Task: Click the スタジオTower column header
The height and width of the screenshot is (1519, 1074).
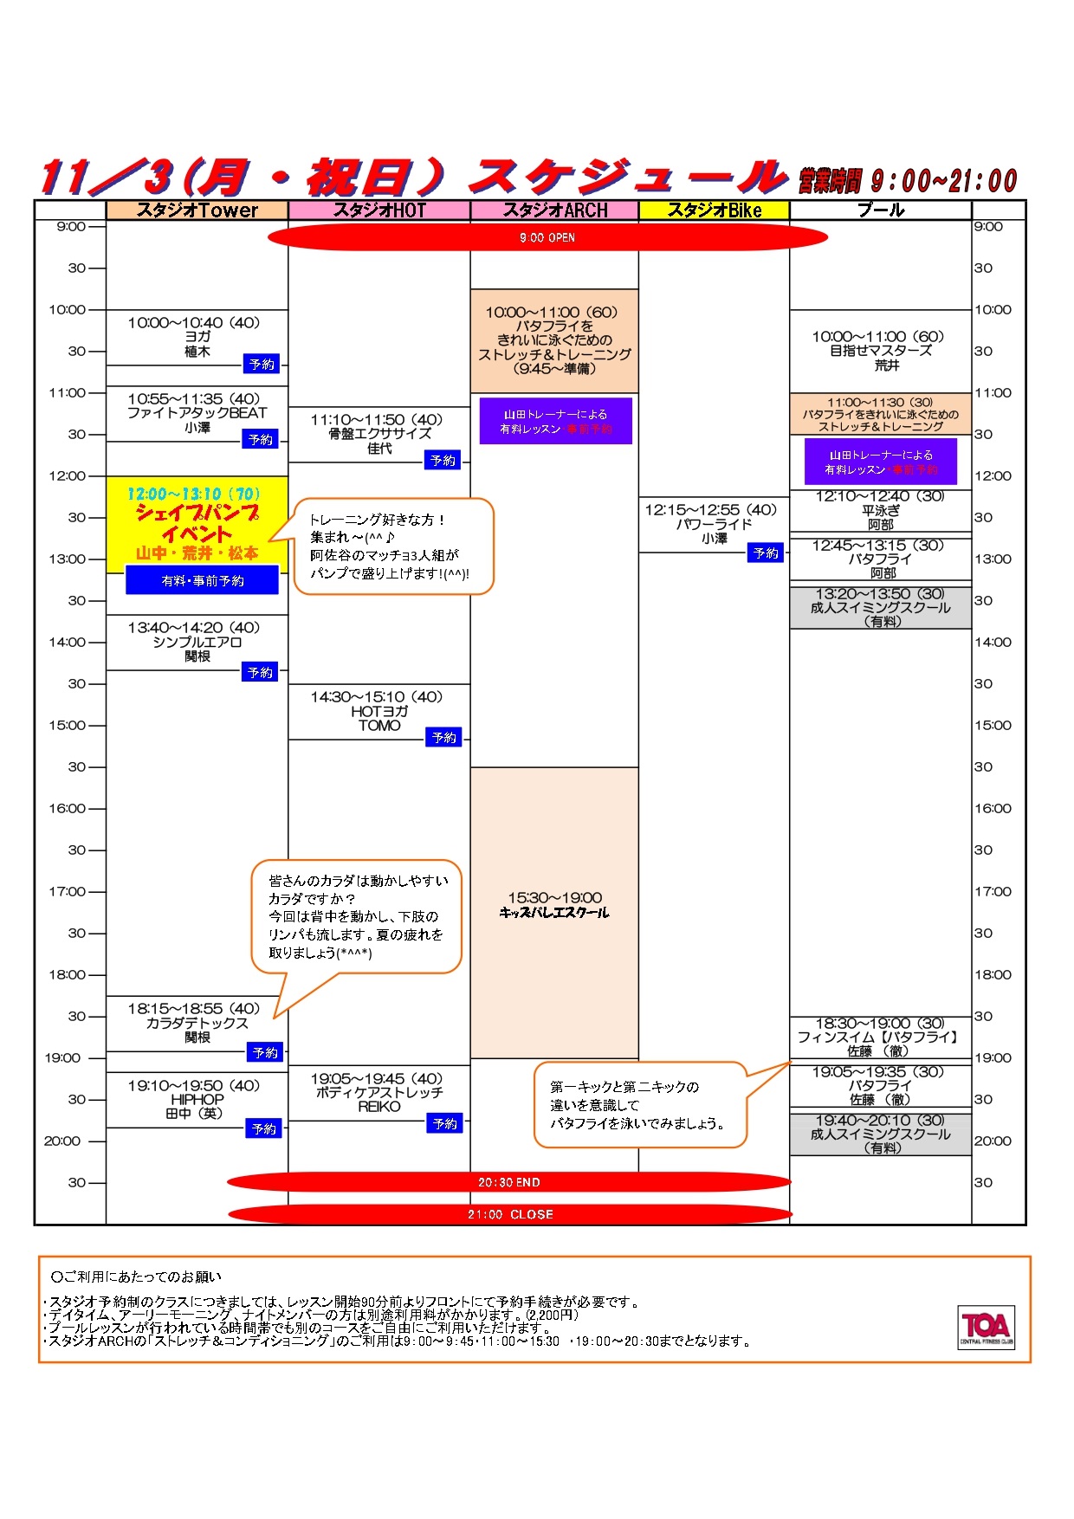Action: point(197,210)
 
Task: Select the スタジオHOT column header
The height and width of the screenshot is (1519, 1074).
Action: point(379,210)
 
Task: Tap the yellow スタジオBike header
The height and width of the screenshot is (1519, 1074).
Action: point(714,210)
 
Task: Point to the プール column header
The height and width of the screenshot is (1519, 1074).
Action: point(880,210)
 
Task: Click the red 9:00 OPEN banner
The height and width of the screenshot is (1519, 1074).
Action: point(547,237)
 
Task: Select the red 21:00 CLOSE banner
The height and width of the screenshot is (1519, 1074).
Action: point(509,1214)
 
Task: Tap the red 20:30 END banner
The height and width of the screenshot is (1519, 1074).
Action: point(509,1182)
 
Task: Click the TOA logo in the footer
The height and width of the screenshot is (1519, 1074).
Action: point(986,1327)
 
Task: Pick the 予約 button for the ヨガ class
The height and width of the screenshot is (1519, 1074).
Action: point(262,365)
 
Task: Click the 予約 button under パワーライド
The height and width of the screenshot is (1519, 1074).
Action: point(766,553)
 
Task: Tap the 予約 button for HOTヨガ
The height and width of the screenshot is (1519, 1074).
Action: point(443,738)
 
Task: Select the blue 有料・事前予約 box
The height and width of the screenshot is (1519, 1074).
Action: point(203,580)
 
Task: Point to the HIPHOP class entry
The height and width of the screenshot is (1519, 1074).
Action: point(197,1099)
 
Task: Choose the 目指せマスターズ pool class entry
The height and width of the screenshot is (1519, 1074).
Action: point(880,351)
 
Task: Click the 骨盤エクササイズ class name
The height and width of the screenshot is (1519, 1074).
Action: point(379,434)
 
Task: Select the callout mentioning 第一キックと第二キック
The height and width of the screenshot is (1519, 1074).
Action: point(639,1105)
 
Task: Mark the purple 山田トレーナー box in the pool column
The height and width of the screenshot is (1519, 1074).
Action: point(880,462)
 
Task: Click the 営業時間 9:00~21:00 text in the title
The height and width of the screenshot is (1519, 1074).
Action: point(908,181)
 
